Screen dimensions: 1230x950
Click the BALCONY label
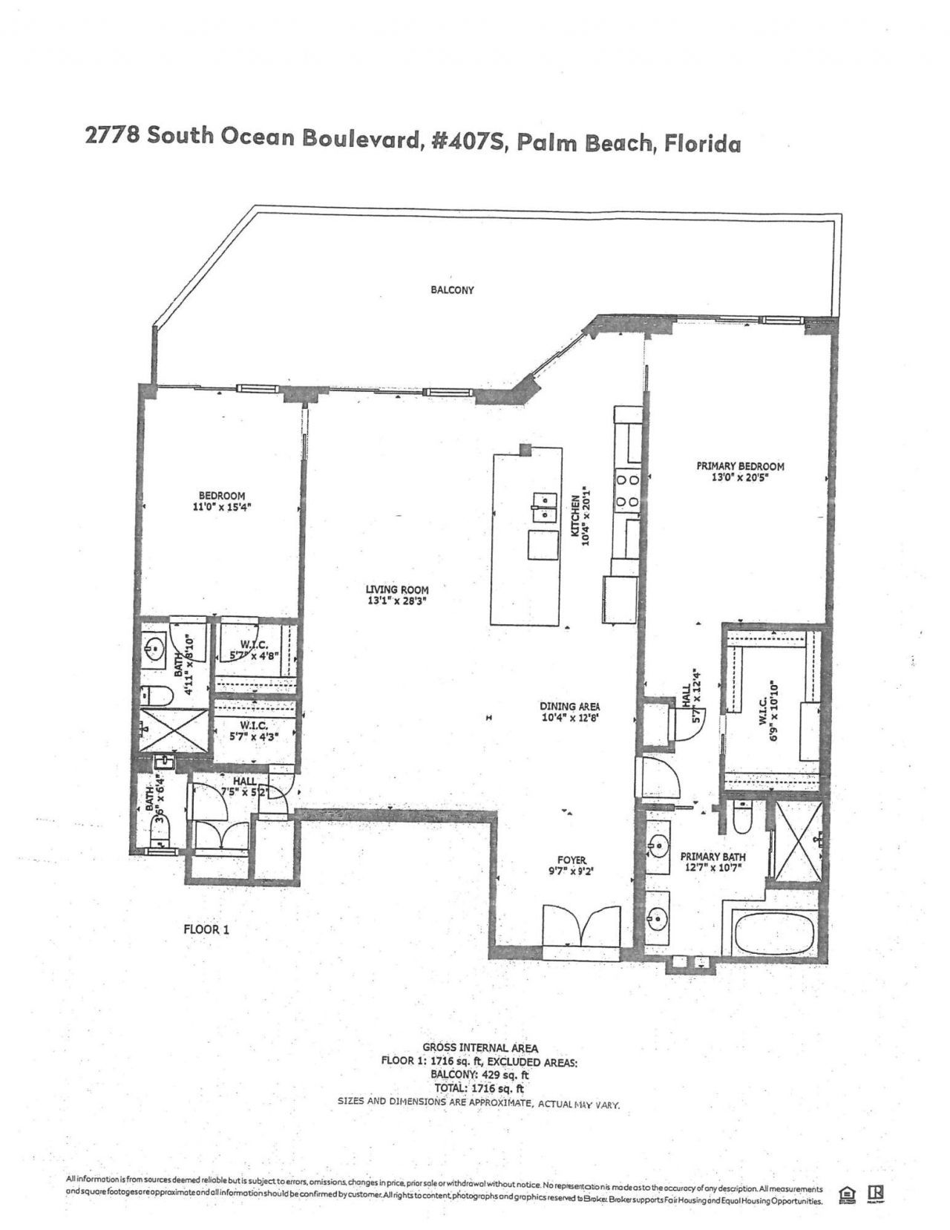point(452,290)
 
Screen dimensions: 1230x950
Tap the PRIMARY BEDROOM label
point(740,466)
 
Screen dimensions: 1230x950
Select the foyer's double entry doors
point(580,926)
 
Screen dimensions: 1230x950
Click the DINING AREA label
point(570,707)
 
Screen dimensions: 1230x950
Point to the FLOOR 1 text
point(206,929)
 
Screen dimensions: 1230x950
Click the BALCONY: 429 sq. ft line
point(479,1074)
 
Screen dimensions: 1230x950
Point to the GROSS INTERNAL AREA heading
point(480,1047)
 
